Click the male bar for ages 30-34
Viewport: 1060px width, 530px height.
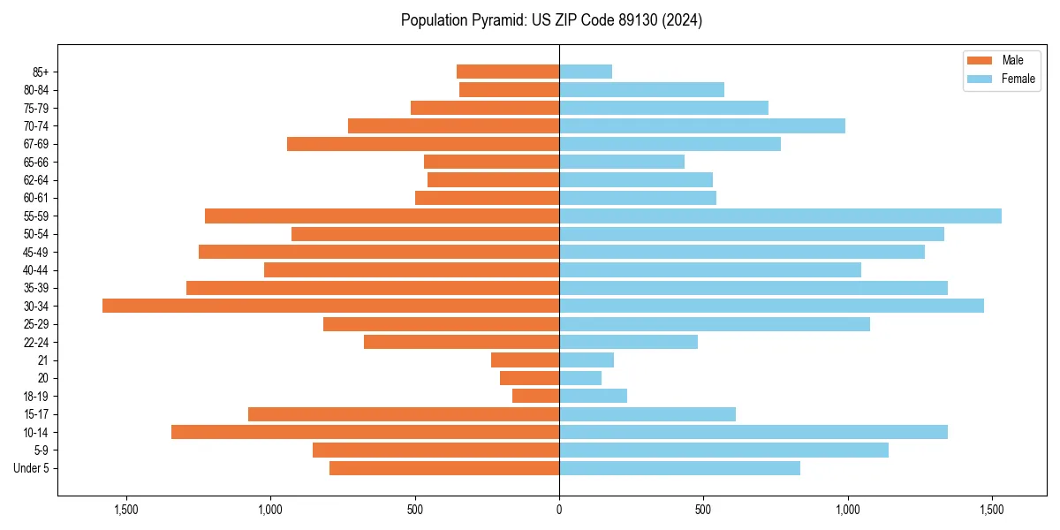(330, 306)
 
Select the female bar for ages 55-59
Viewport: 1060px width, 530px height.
(780, 216)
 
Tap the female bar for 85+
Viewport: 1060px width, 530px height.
(586, 72)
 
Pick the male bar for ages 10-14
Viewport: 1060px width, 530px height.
(365, 432)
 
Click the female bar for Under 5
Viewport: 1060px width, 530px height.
(679, 468)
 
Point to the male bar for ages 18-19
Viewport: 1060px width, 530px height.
(535, 396)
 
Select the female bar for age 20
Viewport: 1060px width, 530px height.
(580, 378)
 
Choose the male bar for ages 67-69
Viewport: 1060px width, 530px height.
(423, 144)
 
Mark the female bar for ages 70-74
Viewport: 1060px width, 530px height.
(702, 125)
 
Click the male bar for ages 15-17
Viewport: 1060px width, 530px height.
(404, 414)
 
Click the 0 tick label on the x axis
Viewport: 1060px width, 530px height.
(559, 509)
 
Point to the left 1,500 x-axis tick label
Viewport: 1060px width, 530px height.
(126, 509)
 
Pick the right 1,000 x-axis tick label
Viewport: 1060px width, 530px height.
(848, 509)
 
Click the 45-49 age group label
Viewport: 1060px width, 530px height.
(36, 252)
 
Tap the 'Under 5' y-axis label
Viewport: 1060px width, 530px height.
(32, 468)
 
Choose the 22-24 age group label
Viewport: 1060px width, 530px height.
(36, 342)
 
